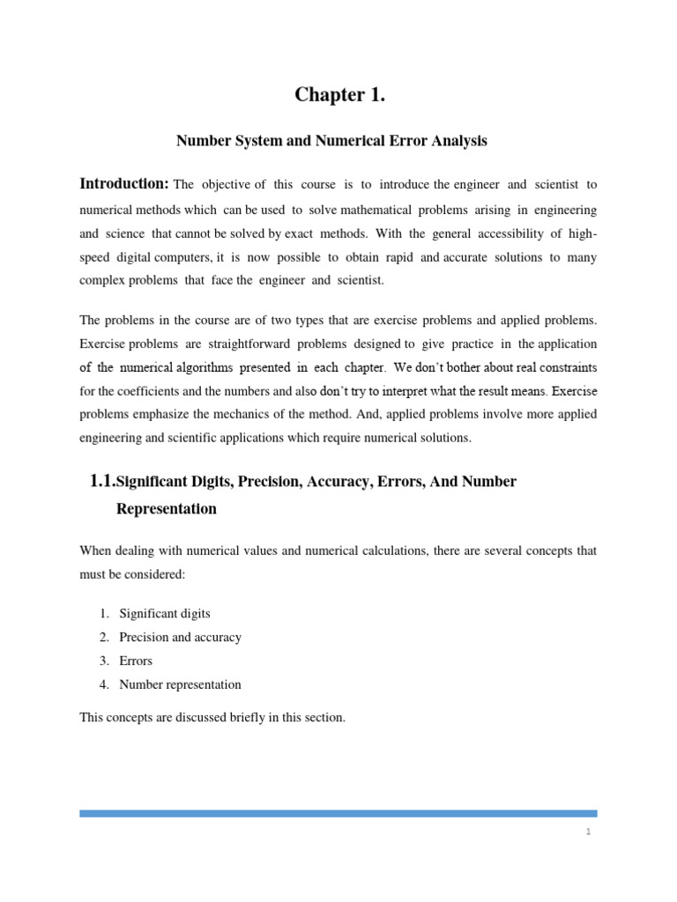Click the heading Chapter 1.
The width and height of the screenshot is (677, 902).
(339, 96)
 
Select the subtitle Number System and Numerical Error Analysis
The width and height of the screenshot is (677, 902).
(331, 140)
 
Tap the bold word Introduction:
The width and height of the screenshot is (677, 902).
(124, 184)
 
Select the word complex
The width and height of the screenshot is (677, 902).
(101, 279)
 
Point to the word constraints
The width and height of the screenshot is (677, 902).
(565, 366)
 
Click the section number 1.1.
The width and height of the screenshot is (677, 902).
(102, 481)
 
